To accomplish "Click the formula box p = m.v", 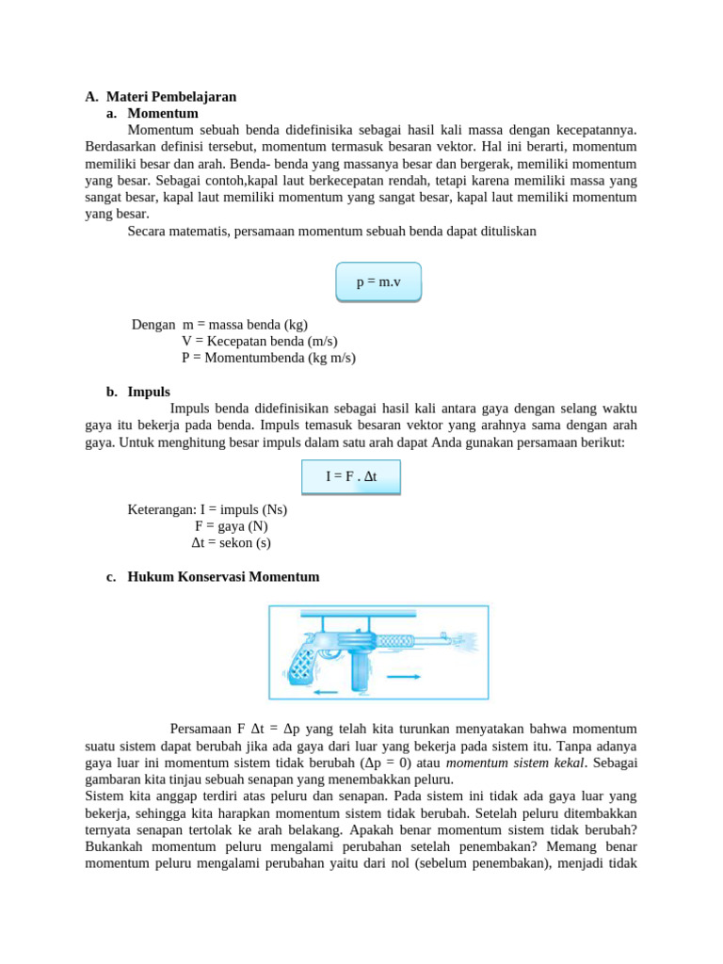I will click(x=378, y=282).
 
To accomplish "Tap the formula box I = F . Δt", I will click(x=351, y=476).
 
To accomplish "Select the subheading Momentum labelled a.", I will click(x=163, y=113).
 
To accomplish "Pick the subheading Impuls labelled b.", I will click(x=149, y=392).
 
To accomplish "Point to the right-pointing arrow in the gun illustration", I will click(x=404, y=677).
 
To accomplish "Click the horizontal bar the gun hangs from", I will click(x=377, y=614).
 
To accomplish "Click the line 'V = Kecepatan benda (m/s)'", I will click(x=259, y=341).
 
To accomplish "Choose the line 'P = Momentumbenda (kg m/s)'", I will click(x=268, y=358).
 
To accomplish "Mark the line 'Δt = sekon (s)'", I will click(x=231, y=543).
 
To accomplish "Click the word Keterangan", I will click(x=160, y=509).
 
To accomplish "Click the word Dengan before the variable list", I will click(x=153, y=324).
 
